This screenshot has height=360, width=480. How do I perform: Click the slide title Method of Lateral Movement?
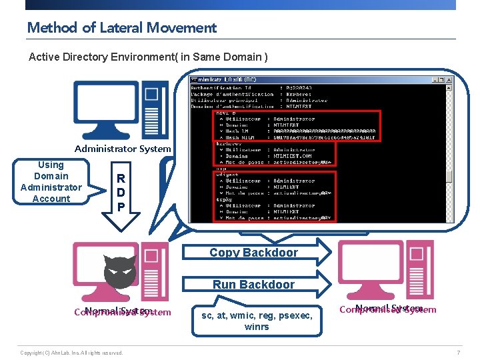click(121, 27)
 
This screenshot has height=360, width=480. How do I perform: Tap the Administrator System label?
click(123, 149)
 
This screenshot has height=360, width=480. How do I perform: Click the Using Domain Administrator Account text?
click(51, 181)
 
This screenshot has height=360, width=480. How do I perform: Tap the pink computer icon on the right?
click(386, 269)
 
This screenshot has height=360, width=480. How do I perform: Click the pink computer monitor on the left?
click(100, 267)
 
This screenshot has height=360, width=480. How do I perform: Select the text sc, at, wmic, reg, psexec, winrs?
click(257, 321)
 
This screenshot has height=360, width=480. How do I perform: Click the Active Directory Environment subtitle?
click(148, 57)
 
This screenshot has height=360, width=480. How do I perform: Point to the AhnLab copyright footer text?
click(71, 353)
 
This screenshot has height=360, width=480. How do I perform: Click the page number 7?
click(459, 353)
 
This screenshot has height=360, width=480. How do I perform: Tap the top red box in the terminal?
click(297, 126)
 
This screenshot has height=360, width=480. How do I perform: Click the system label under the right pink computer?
click(388, 309)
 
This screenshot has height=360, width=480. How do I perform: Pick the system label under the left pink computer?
click(123, 312)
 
